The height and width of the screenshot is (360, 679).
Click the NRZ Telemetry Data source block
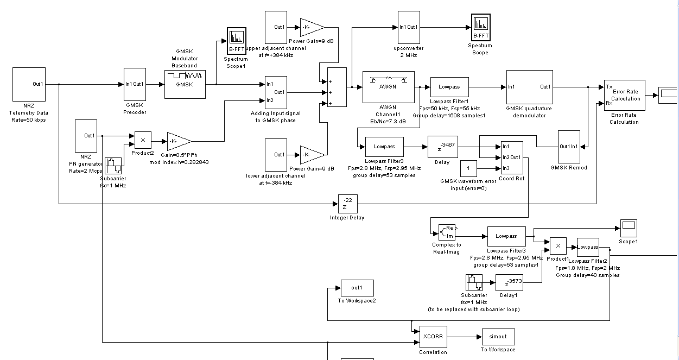point(28,84)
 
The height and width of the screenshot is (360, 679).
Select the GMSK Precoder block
point(135,84)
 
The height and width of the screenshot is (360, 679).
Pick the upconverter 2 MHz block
point(408,27)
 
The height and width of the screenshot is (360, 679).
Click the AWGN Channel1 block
point(388,86)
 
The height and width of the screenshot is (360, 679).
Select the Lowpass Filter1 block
point(449,87)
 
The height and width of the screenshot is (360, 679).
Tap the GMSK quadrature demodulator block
point(529,87)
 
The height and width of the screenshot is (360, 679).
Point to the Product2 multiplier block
point(143,140)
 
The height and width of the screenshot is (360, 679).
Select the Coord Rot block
point(511,157)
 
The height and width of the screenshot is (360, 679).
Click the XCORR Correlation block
point(433,337)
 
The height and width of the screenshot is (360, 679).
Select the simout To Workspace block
point(497,337)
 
